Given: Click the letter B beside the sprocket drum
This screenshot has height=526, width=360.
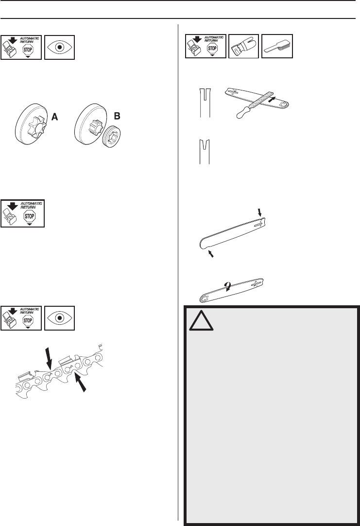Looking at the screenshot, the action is click(116, 117).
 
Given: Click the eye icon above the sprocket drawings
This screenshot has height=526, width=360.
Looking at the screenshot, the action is click(59, 47).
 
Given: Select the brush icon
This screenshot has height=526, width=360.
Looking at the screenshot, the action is click(277, 47).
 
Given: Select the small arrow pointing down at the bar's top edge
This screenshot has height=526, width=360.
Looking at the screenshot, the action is click(258, 212).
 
